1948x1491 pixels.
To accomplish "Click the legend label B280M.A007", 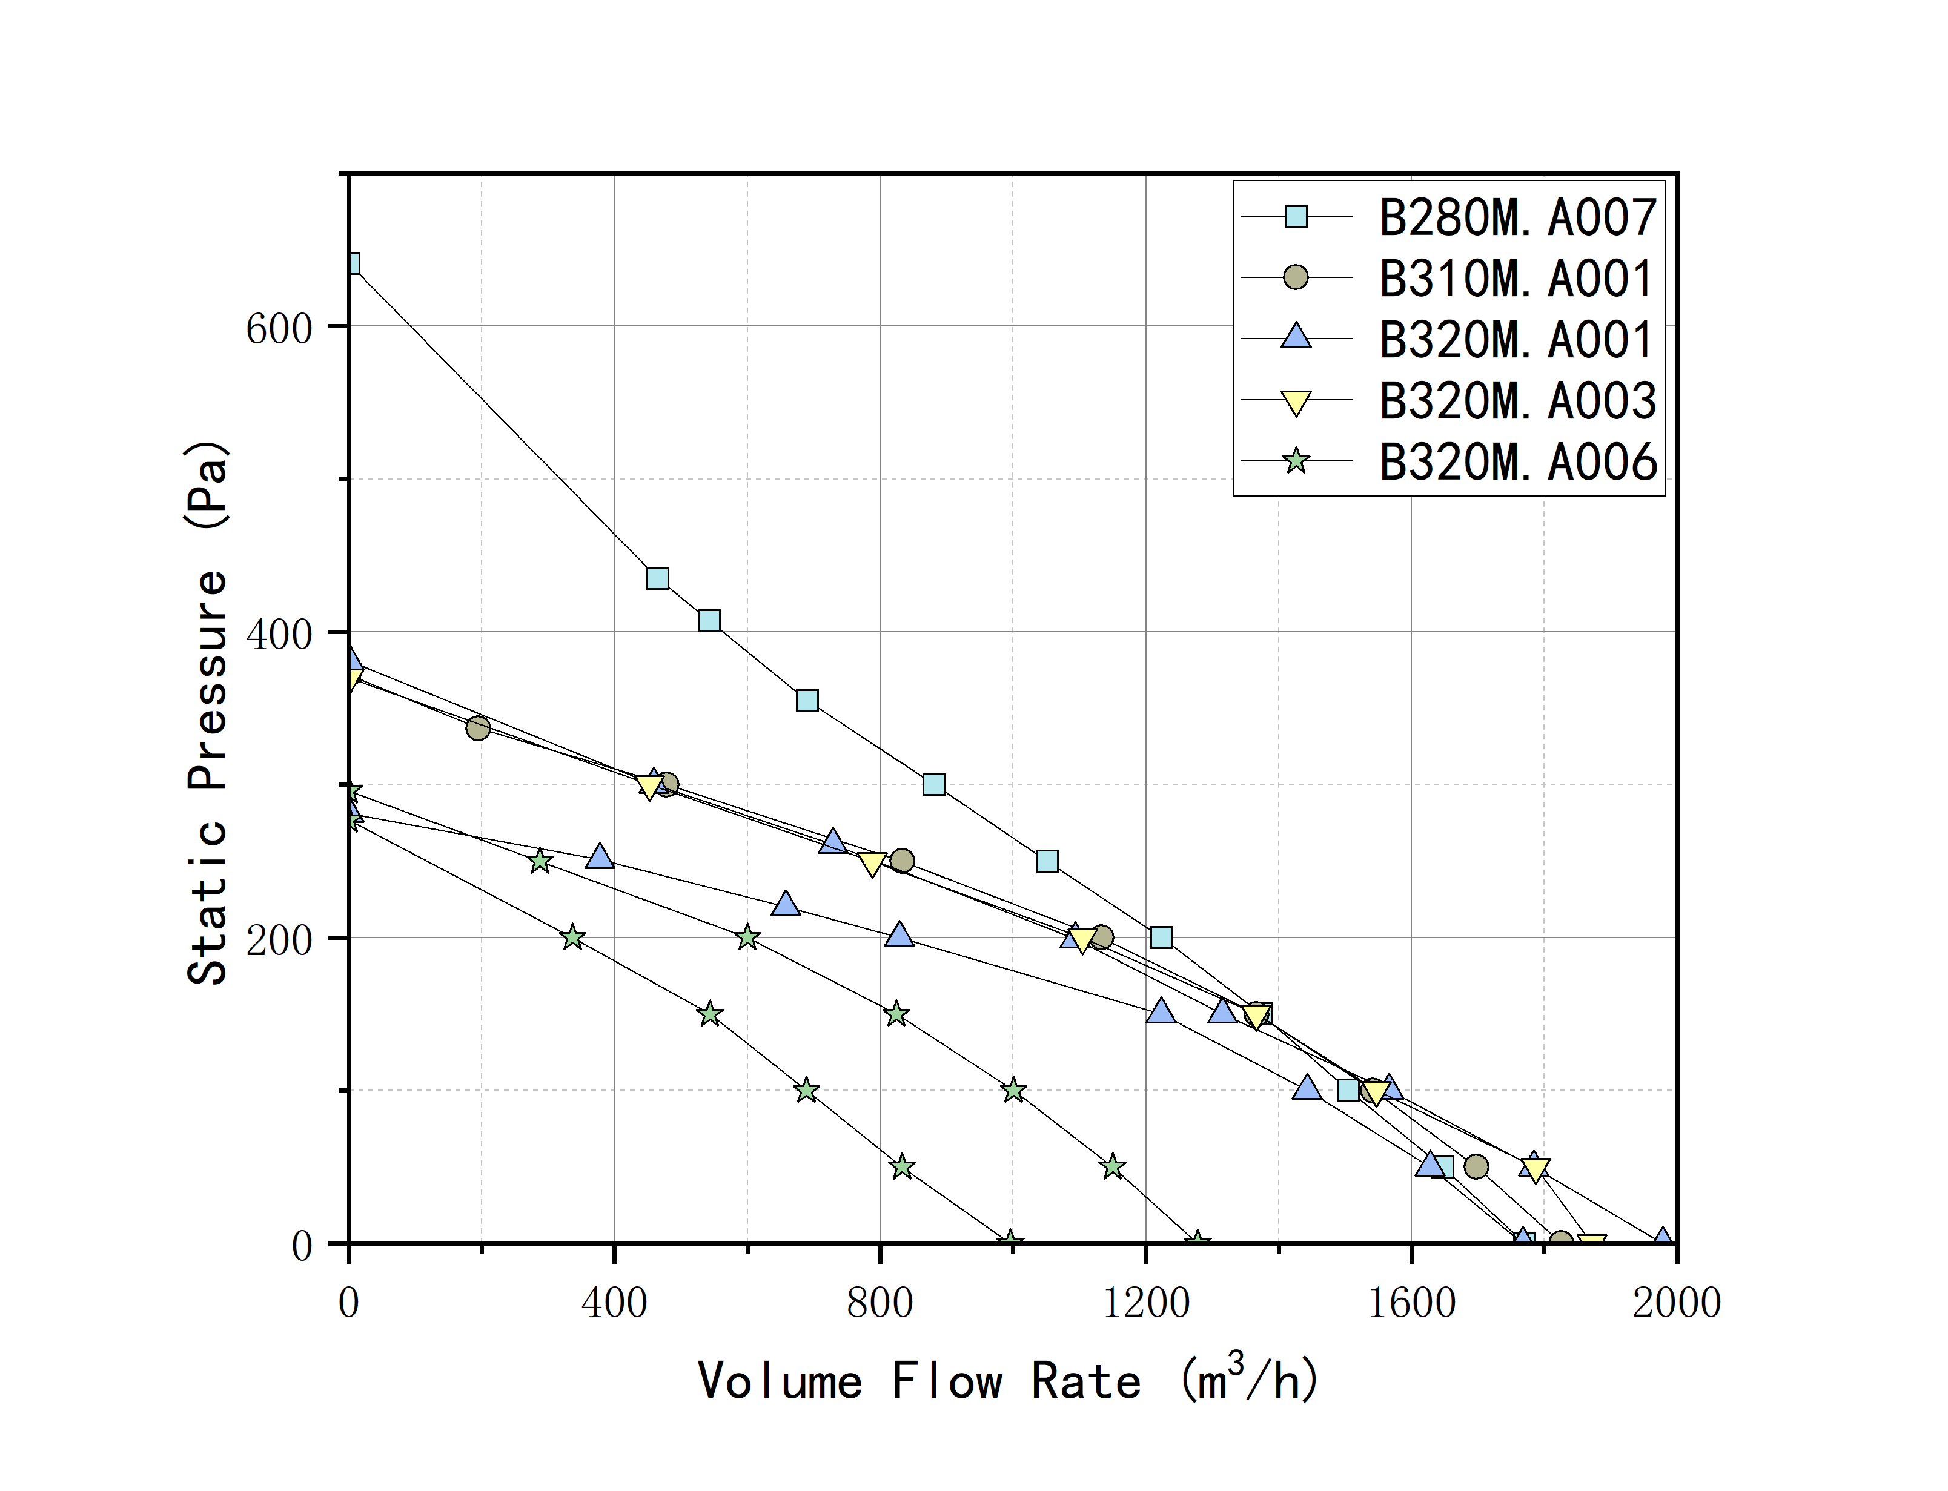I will (x=1517, y=217).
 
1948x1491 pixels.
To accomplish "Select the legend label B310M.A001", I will (x=1515, y=279).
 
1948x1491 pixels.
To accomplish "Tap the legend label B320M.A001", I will (x=1515, y=340).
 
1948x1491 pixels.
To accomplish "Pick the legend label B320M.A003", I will (x=1517, y=401).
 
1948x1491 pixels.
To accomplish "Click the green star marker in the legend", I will (x=1296, y=461).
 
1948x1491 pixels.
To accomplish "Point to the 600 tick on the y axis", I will (x=279, y=328).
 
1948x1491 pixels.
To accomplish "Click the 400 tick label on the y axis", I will (x=279, y=633).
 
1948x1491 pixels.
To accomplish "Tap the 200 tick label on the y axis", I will (x=279, y=940).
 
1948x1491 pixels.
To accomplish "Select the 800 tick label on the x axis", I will (x=880, y=1303).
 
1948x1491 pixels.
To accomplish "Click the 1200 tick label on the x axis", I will (x=1145, y=1303).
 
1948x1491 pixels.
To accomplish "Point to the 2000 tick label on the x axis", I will (x=1675, y=1303).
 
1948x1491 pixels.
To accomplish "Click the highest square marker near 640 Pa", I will (x=351, y=263).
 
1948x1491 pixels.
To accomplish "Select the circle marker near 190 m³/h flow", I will (x=477, y=728).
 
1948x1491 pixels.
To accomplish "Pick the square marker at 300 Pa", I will (x=933, y=784).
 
